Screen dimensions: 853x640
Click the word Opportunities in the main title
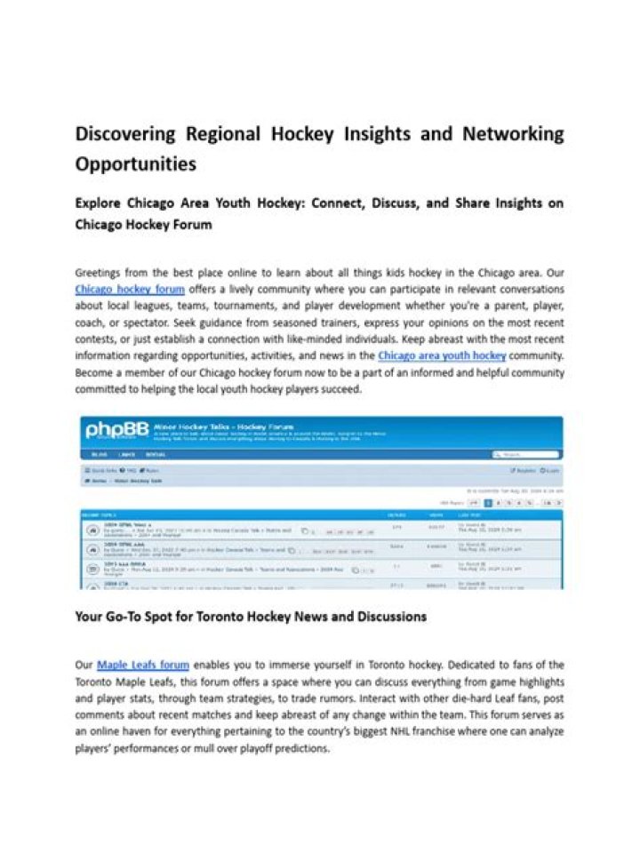(135, 164)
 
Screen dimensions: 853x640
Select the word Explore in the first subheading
(100, 203)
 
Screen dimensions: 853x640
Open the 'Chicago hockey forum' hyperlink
(130, 289)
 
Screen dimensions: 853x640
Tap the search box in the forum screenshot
(524, 454)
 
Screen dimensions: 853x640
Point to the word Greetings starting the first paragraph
(100, 272)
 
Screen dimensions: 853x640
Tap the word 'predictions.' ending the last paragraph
(303, 749)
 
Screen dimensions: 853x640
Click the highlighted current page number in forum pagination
(487, 503)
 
